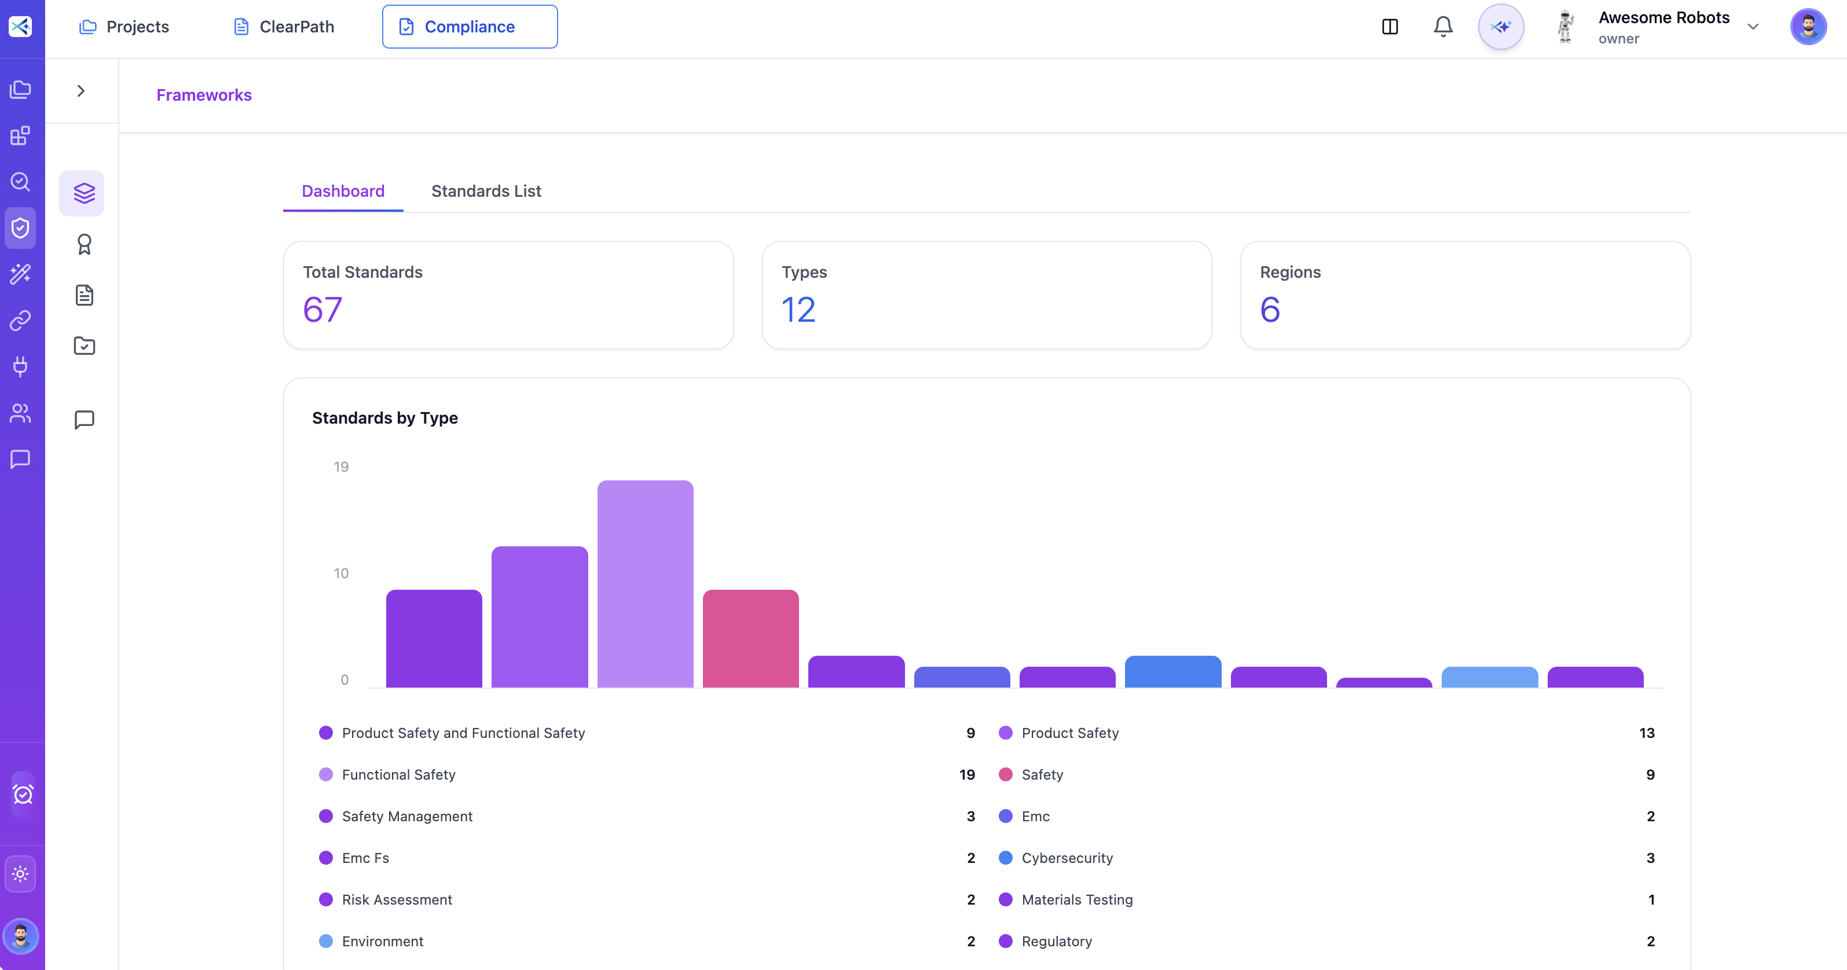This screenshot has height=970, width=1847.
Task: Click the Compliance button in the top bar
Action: pyautogui.click(x=470, y=27)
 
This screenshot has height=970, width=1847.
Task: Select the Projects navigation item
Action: pyautogui.click(x=124, y=27)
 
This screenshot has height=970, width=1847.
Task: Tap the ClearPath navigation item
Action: pyautogui.click(x=284, y=27)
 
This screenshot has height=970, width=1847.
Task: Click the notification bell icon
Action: pyautogui.click(x=1443, y=27)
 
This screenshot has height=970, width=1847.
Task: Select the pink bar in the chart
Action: pyautogui.click(x=750, y=638)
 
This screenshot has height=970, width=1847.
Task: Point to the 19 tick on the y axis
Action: pyautogui.click(x=340, y=466)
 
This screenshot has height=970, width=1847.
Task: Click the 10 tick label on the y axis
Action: pyautogui.click(x=340, y=573)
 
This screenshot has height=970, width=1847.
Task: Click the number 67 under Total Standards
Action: pyautogui.click(x=323, y=310)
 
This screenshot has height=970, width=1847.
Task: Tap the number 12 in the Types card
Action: pyautogui.click(x=798, y=310)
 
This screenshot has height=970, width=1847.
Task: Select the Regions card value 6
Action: pyautogui.click(x=1269, y=310)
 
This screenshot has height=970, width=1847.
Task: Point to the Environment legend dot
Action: pyautogui.click(x=325, y=940)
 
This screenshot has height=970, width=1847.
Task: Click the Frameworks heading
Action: pyautogui.click(x=204, y=95)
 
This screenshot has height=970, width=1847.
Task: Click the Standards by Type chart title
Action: pyautogui.click(x=384, y=417)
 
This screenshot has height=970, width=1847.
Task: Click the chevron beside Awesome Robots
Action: pyautogui.click(x=1753, y=27)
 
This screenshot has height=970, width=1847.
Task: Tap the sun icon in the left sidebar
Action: pyautogui.click(x=20, y=874)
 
